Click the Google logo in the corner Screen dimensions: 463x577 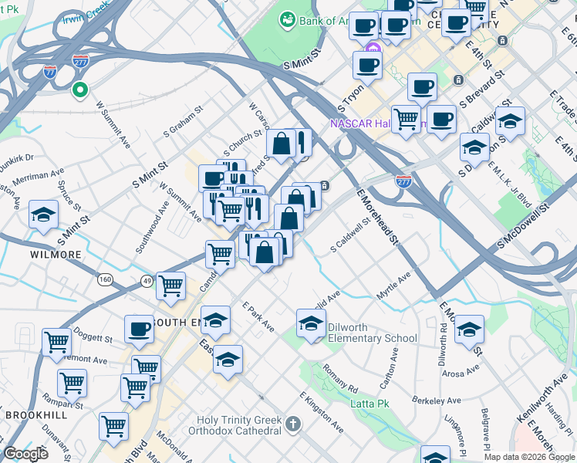click(25, 454)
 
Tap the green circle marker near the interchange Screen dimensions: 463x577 click(79, 90)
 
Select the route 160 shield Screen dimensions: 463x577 click(104, 278)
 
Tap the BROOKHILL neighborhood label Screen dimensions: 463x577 click(36, 414)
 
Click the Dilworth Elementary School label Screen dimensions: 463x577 click(372, 333)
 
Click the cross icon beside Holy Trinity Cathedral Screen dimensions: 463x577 click(292, 424)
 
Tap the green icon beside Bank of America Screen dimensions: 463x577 click(288, 17)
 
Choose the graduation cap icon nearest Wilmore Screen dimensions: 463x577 click(44, 215)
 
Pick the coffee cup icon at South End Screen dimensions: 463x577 click(140, 329)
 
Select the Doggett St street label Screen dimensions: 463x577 click(96, 338)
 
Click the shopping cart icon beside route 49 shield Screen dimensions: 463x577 click(170, 286)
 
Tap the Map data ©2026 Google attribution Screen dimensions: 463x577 click(528, 456)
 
